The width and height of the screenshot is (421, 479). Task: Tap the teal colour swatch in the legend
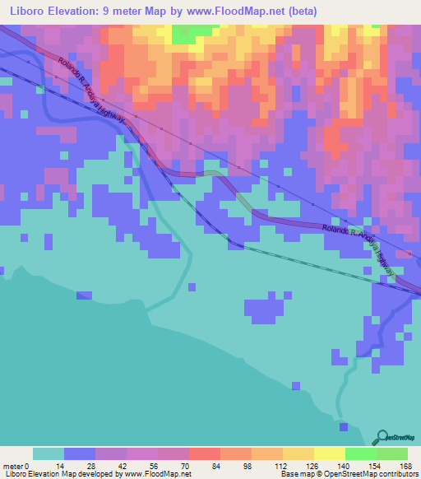click(x=49, y=453)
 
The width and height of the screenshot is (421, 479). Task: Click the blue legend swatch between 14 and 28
click(x=80, y=453)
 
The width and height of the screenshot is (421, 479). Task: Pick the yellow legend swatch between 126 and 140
click(x=330, y=453)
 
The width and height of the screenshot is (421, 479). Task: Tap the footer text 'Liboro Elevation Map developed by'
click(x=58, y=475)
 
